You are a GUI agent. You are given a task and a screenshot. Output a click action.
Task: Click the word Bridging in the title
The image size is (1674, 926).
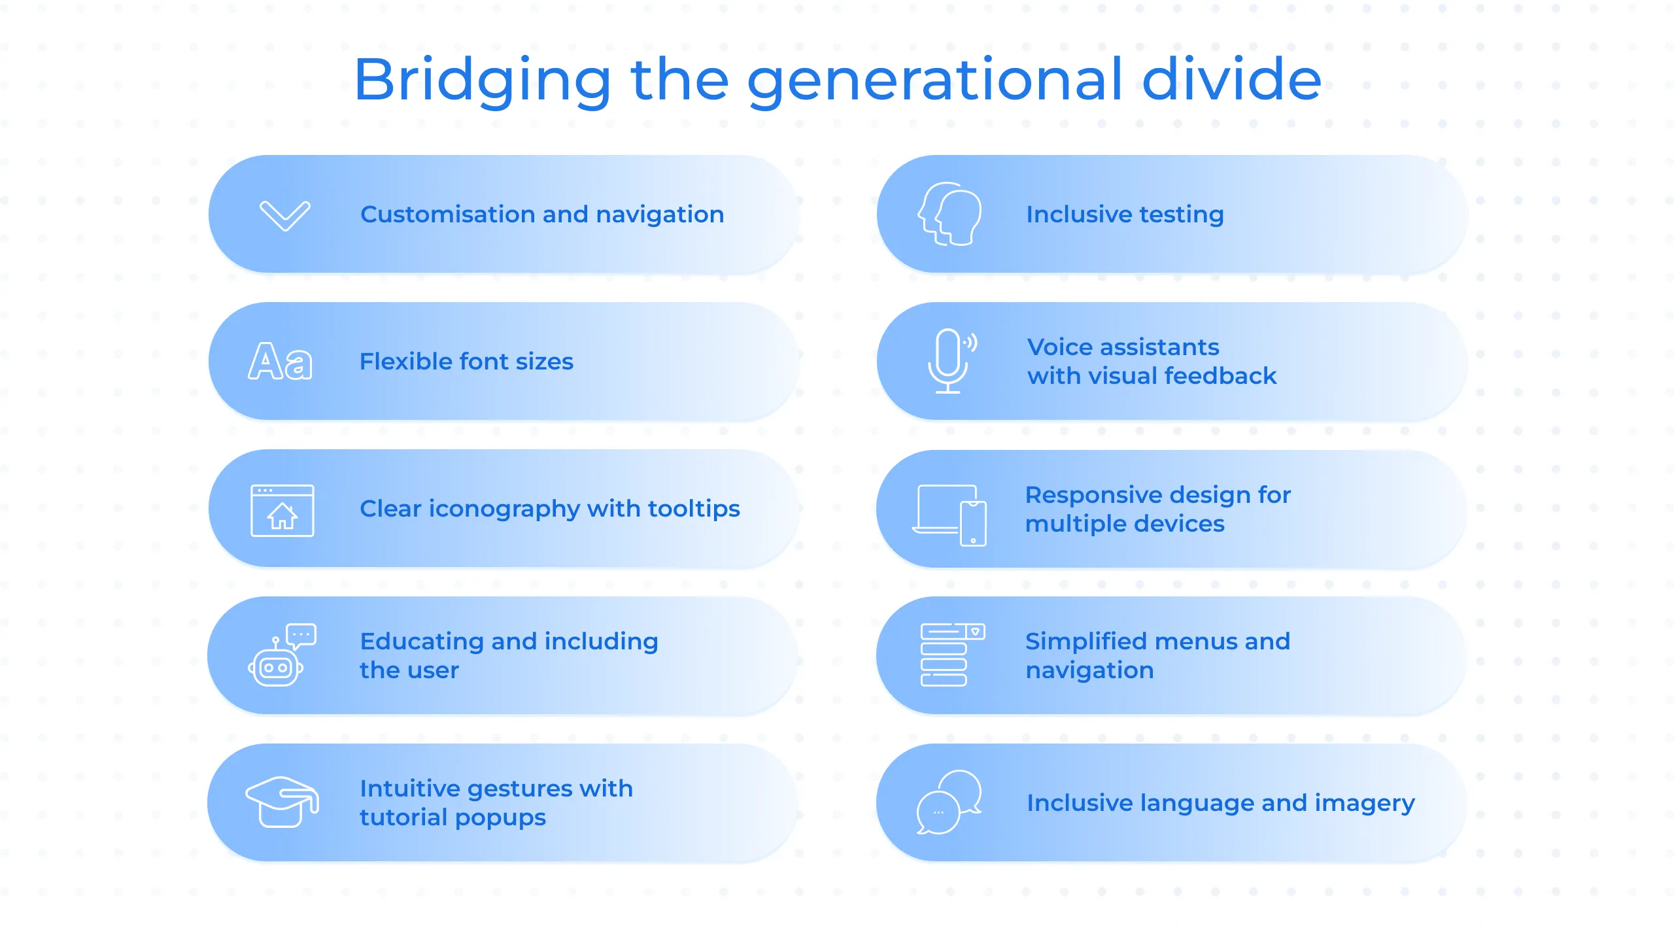pyautogui.click(x=483, y=80)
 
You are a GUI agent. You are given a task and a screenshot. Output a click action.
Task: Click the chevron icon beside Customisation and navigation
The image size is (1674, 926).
pyautogui.click(x=284, y=216)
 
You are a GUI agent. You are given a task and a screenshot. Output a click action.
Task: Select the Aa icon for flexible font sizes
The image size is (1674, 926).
pyautogui.click(x=281, y=361)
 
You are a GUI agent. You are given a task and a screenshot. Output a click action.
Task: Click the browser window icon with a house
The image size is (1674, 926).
pyautogui.click(x=282, y=510)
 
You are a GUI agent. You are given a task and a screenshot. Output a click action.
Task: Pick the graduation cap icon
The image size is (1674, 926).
pyautogui.click(x=282, y=802)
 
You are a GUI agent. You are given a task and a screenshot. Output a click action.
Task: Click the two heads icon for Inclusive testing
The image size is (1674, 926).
pyautogui.click(x=949, y=214)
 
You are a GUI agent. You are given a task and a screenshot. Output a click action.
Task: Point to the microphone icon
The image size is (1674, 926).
pyautogui.click(x=951, y=361)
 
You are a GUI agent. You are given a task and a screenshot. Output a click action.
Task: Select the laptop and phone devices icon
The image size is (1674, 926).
pyautogui.click(x=949, y=515)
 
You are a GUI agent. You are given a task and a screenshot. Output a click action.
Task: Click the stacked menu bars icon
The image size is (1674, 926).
pyautogui.click(x=952, y=655)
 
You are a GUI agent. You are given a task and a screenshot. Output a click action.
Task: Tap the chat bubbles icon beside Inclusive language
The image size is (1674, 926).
pyautogui.click(x=949, y=802)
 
